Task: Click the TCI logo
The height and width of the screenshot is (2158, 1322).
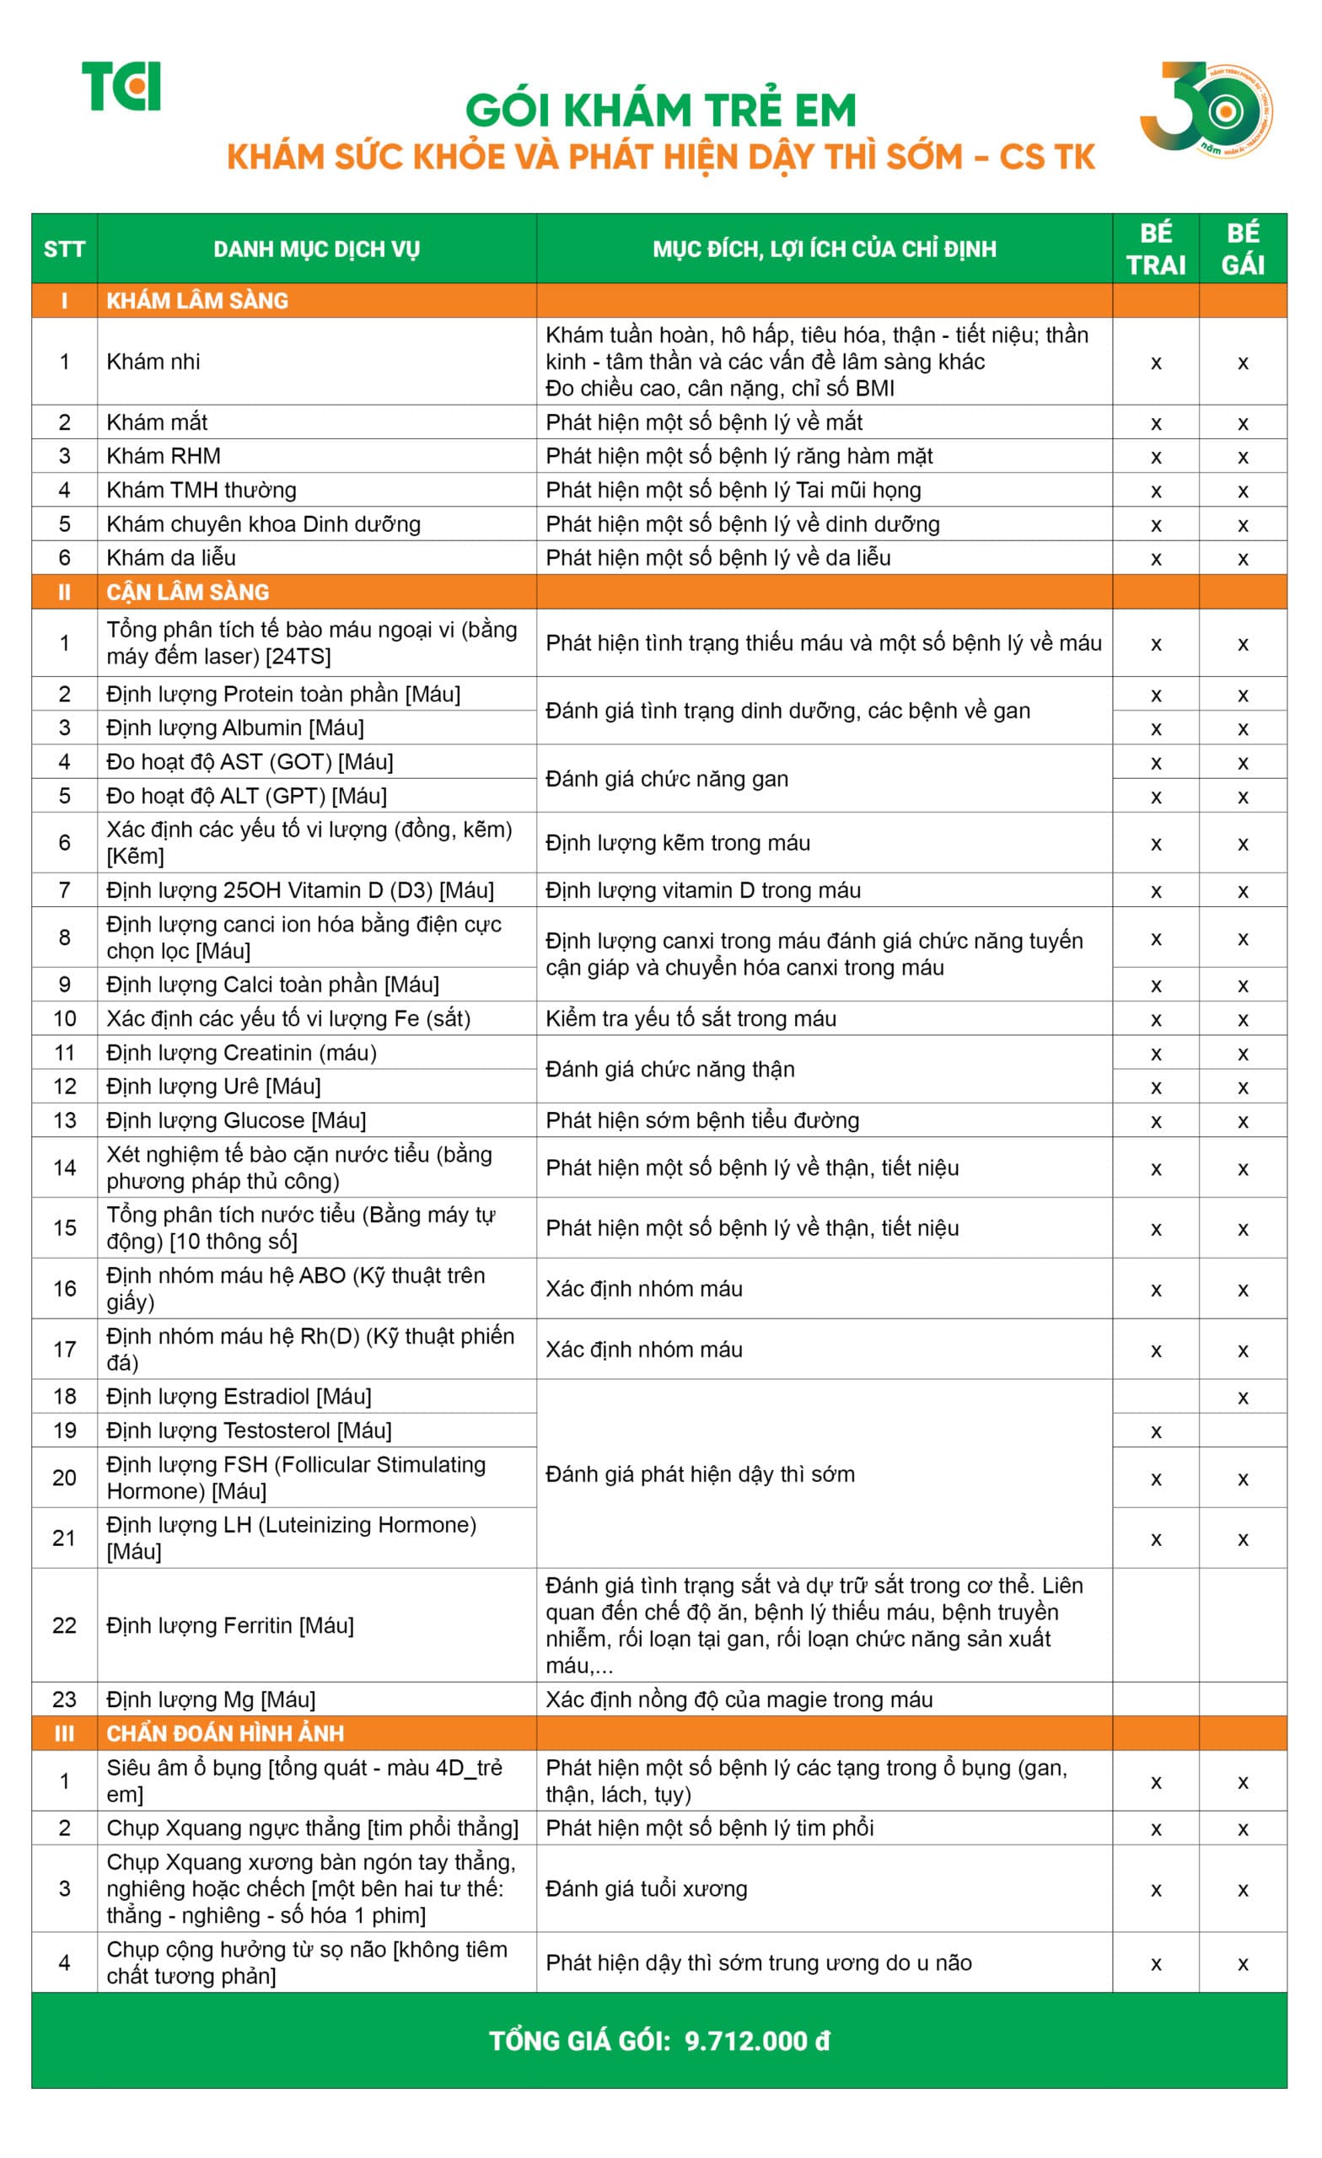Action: click(121, 86)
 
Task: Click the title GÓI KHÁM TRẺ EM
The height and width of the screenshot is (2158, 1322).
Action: click(660, 111)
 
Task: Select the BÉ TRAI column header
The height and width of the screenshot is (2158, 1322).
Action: click(1156, 249)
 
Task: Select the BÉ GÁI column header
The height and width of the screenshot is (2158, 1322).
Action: click(1242, 249)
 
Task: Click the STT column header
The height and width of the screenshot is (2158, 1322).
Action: click(64, 250)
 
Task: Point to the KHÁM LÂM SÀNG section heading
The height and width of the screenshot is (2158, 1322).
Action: click(197, 300)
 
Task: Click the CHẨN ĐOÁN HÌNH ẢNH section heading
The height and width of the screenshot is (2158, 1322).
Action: click(225, 1733)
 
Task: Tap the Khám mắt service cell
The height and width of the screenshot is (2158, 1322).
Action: click(157, 422)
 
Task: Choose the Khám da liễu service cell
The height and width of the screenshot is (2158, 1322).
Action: click(171, 558)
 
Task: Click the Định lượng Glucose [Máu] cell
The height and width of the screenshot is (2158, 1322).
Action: click(237, 1120)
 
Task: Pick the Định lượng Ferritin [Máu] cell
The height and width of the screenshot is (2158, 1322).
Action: click(230, 1625)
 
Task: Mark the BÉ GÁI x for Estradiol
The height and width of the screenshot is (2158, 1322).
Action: click(1242, 1398)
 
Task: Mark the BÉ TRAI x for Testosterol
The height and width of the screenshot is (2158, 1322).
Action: click(1156, 1432)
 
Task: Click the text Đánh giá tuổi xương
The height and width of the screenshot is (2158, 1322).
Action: click(647, 1889)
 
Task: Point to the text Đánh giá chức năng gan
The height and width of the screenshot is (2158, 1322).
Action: click(667, 779)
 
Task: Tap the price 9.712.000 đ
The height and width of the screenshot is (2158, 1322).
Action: click(757, 2042)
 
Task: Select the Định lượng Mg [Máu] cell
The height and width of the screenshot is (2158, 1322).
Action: click(211, 1700)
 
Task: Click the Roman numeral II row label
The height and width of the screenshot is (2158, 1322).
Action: click(64, 592)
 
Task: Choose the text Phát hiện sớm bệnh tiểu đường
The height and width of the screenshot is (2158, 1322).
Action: click(701, 1120)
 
